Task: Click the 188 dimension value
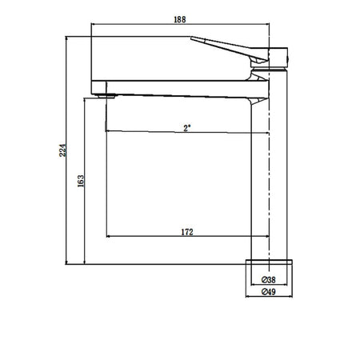(180, 19)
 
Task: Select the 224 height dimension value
(62, 150)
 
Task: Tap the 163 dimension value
(81, 181)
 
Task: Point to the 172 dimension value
(187, 232)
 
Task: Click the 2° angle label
(187, 128)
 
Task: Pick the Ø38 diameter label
(268, 280)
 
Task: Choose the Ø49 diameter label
(268, 292)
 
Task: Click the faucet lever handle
(230, 49)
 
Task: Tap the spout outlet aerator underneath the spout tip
(106, 96)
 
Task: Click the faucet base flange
(269, 262)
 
